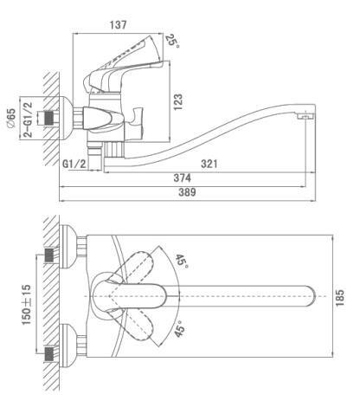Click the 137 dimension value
118,25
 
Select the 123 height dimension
178,101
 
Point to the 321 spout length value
209,164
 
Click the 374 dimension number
182,178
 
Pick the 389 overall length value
187,192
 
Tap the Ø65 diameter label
10,119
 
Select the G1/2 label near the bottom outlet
74,164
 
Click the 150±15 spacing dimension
27,305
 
